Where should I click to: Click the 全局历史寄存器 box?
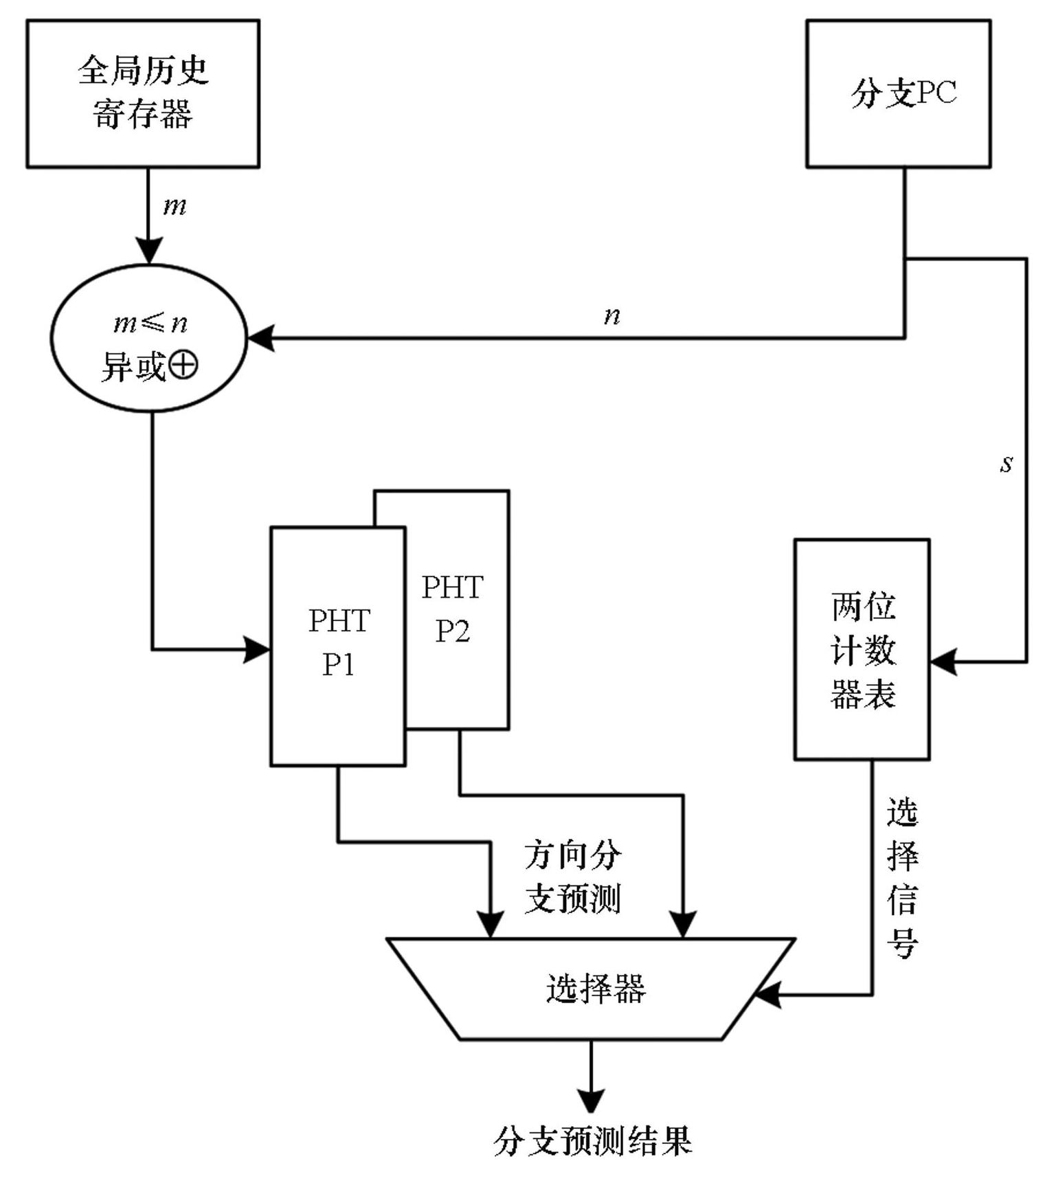[143, 93]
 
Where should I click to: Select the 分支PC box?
[898, 93]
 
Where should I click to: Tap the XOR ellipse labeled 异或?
[149, 338]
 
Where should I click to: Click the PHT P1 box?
[338, 646]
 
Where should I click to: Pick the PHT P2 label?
[452, 609]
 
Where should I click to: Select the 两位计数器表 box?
[862, 649]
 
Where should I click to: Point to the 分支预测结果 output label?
[592, 1141]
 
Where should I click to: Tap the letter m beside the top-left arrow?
[175, 206]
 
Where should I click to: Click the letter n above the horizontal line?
[611, 315]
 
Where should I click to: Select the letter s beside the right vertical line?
[1006, 464]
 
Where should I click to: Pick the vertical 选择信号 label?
[902, 877]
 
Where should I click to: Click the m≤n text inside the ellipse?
[150, 322]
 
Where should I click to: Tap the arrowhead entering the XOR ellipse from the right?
[261, 338]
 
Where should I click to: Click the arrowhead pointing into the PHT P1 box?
[258, 649]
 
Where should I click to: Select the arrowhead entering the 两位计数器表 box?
[943, 662]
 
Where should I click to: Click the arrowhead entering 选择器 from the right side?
[768, 994]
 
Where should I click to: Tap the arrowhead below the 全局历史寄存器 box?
[148, 250]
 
